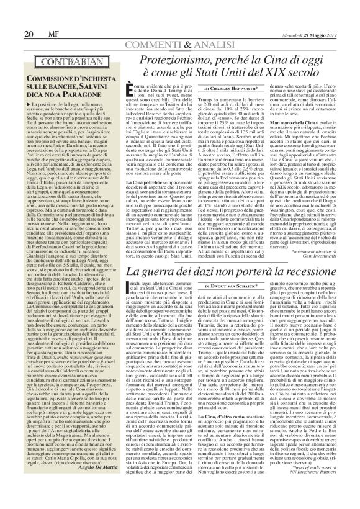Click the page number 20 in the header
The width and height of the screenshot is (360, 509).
[x=11, y=34]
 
